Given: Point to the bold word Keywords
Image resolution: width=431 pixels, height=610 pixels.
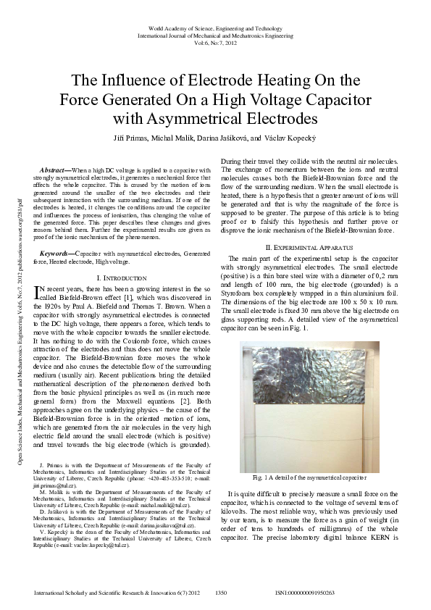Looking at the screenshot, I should [x=56, y=254].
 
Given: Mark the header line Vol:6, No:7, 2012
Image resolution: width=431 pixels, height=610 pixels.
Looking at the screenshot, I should [x=215, y=43].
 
